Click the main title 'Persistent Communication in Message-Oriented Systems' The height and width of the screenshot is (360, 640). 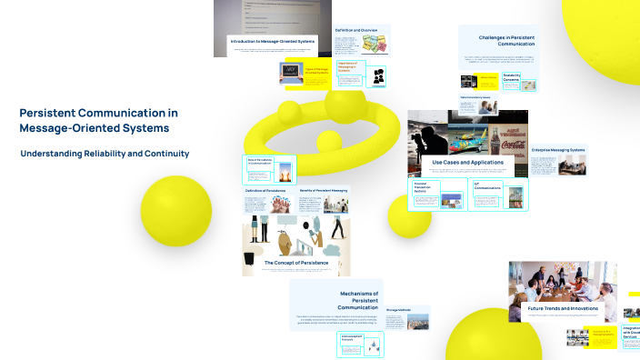(98, 120)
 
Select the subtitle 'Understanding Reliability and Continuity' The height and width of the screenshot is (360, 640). (105, 154)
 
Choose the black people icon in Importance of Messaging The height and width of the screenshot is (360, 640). (378, 76)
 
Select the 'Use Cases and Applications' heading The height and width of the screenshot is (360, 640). (466, 161)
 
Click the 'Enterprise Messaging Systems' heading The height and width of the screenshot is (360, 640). (558, 149)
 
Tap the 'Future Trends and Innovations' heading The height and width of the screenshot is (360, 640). (563, 308)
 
